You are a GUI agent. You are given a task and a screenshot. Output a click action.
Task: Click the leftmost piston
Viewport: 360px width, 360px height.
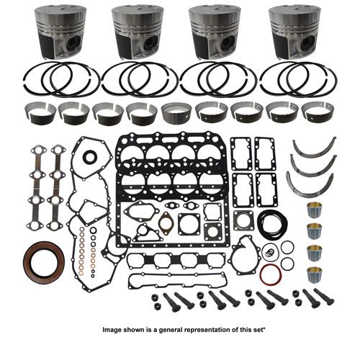click(60, 32)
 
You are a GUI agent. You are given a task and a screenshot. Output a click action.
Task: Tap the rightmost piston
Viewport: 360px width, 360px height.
click(294, 32)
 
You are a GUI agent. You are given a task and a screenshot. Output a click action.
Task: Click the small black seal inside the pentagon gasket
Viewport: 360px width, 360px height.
click(89, 156)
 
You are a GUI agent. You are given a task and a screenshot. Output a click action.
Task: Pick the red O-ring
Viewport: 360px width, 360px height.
click(271, 275)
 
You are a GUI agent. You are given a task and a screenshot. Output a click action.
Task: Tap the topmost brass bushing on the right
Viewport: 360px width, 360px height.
click(315, 210)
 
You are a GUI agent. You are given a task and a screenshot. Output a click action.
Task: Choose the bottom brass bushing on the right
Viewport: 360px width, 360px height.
click(315, 275)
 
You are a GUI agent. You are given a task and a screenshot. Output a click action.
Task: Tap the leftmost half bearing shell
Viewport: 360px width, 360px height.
click(40, 114)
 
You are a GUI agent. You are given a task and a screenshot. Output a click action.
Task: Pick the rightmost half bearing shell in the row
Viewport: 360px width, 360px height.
click(317, 113)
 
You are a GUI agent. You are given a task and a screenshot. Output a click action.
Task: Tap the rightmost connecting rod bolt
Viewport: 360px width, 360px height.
click(325, 297)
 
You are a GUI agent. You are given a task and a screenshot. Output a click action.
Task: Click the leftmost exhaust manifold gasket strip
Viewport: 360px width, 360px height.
click(36, 188)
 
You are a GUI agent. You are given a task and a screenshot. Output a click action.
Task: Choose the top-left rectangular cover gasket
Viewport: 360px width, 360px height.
click(241, 154)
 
